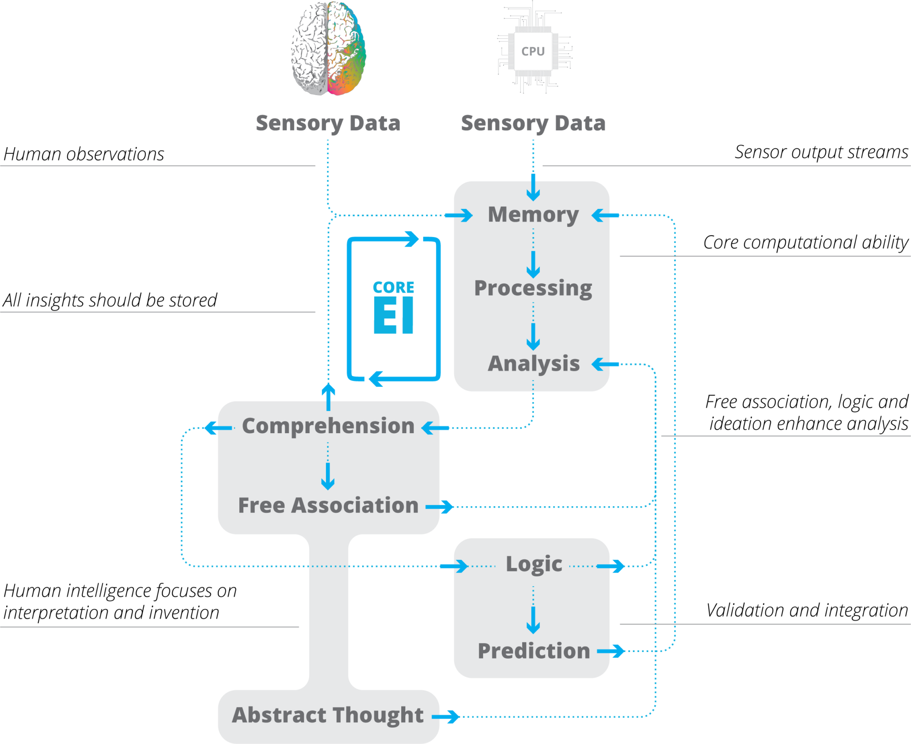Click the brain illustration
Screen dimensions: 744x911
click(x=329, y=48)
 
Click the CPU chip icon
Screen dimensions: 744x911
click(x=533, y=51)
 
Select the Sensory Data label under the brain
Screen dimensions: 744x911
click(x=328, y=123)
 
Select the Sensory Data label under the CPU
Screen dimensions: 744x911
click(x=533, y=123)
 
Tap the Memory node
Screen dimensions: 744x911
click(x=533, y=215)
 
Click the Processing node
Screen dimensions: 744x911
click(x=533, y=288)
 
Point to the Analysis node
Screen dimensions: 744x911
click(x=533, y=364)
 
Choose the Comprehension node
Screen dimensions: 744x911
click(x=328, y=426)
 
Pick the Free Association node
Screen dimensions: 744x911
click(x=328, y=506)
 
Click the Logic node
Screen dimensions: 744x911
click(x=534, y=564)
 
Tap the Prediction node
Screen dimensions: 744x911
click(x=534, y=651)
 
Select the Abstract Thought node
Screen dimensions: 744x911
click(x=328, y=715)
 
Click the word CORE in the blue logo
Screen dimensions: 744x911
click(x=393, y=288)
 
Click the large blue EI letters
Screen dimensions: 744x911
click(x=393, y=315)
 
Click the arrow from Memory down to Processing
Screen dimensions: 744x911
click(x=533, y=265)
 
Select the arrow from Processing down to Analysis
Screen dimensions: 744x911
click(x=533, y=337)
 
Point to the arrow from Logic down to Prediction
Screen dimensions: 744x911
click(x=533, y=620)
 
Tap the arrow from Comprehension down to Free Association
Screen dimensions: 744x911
click(x=328, y=477)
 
